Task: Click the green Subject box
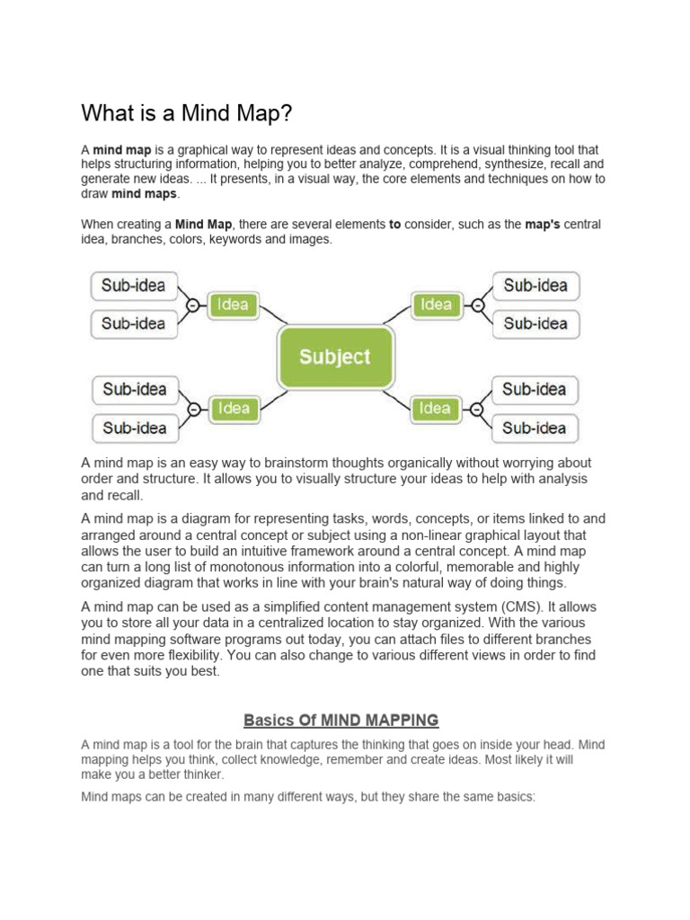[334, 357]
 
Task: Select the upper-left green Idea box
[233, 305]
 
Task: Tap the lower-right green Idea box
[435, 408]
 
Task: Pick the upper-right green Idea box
[436, 305]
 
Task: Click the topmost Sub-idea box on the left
[134, 286]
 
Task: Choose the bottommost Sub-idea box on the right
[535, 428]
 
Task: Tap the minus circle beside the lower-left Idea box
[193, 409]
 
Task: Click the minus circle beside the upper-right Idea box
[477, 305]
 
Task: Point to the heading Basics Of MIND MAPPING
[341, 720]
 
